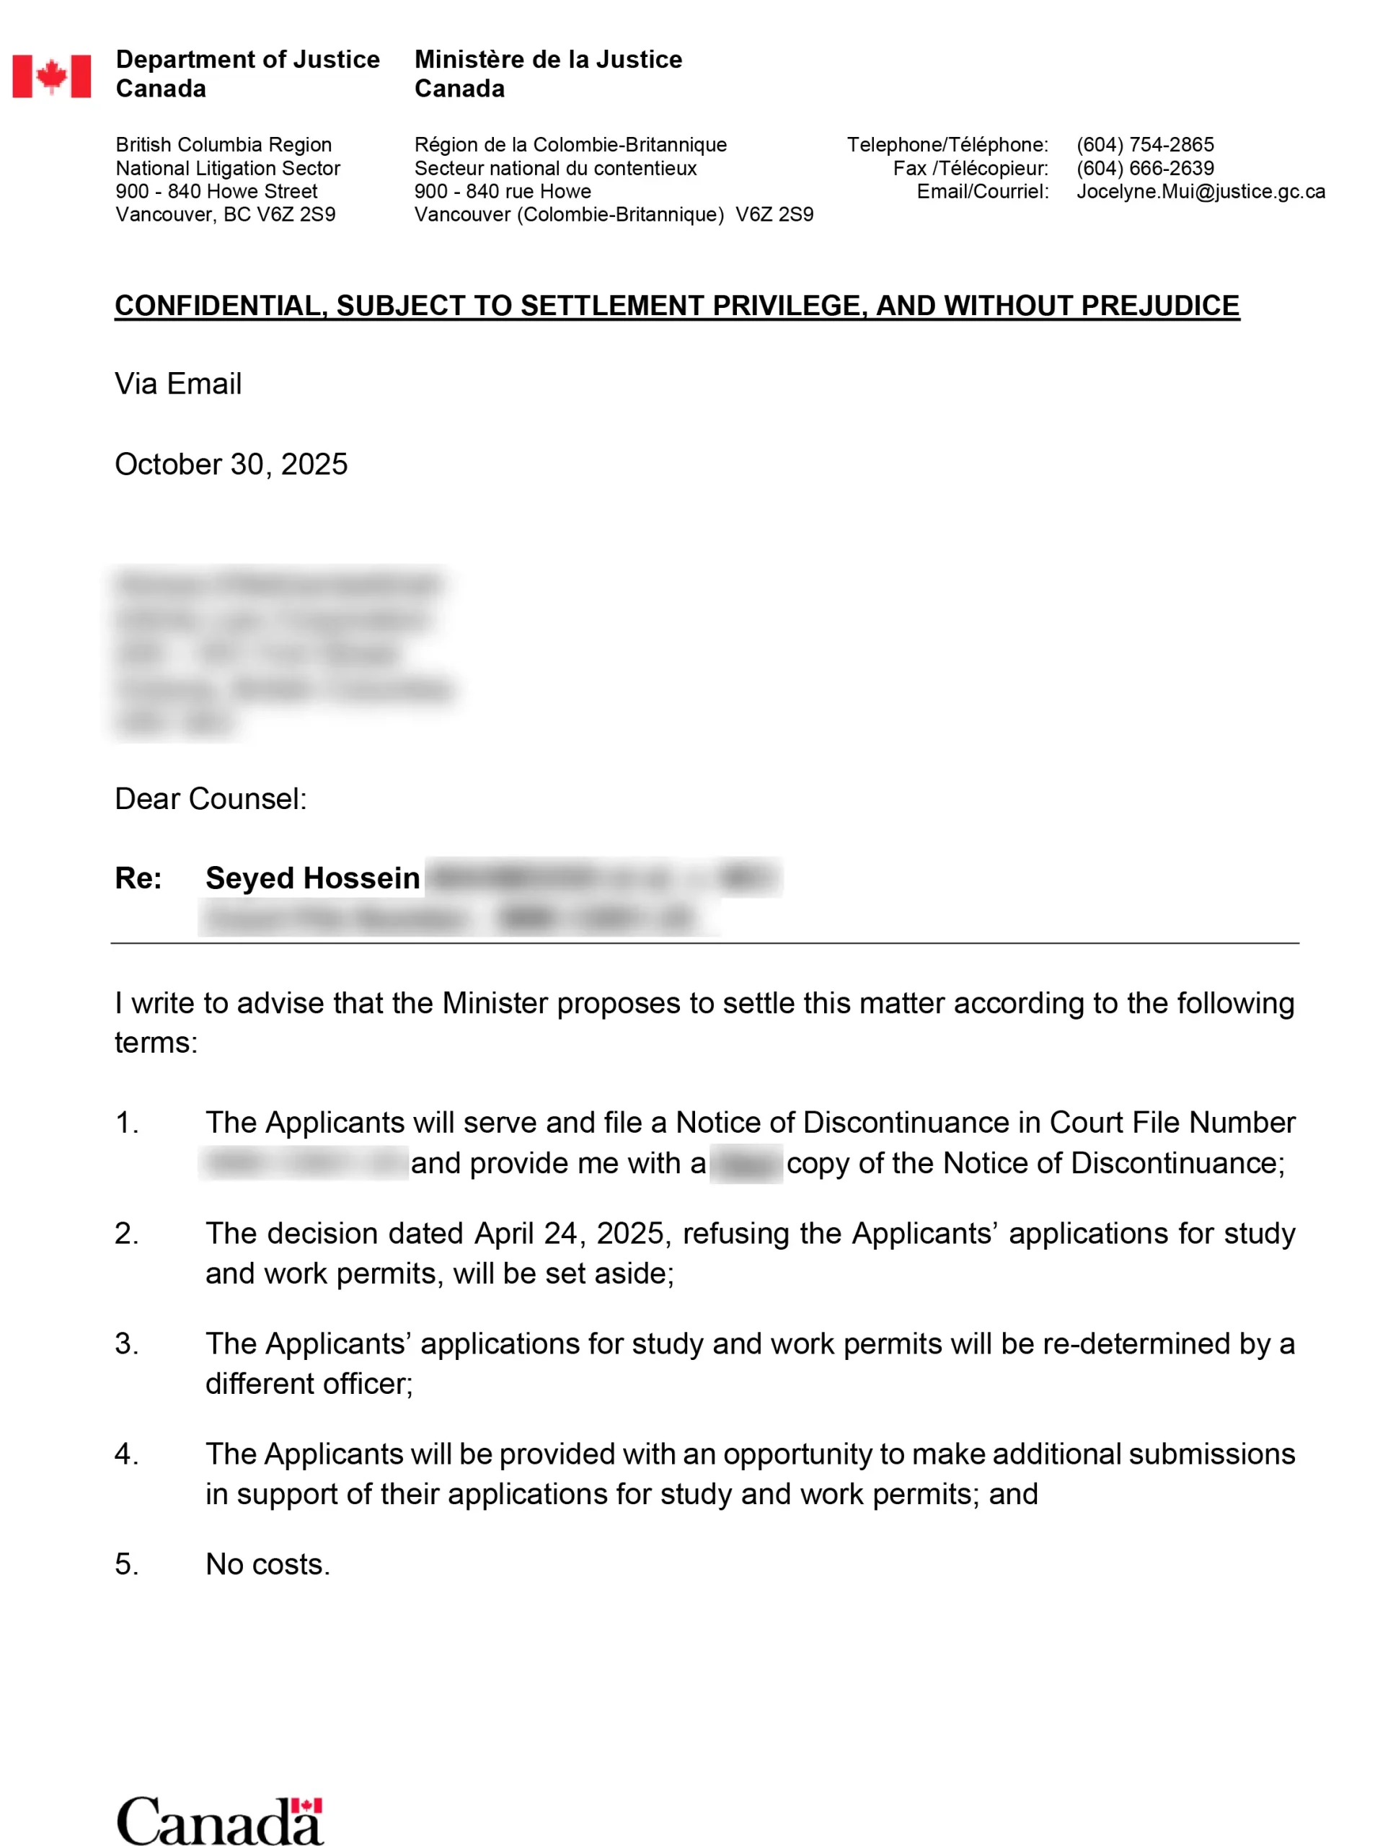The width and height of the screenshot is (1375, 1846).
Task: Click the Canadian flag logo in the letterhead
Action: [52, 76]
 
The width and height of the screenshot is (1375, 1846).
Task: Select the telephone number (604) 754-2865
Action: [1144, 145]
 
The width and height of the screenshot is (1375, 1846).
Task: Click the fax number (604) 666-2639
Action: [1144, 168]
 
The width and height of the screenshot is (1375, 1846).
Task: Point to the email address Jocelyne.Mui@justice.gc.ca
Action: [1201, 191]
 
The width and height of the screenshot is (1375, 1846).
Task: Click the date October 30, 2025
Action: [231, 464]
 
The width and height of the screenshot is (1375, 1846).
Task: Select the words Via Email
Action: [178, 384]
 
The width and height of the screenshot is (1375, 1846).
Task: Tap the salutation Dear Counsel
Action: [211, 799]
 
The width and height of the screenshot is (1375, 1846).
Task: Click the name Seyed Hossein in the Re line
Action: [312, 878]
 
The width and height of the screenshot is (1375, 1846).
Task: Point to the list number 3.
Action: [125, 1343]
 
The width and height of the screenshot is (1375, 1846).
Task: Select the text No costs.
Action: [268, 1565]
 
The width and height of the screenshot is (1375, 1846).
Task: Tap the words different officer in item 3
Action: [309, 1383]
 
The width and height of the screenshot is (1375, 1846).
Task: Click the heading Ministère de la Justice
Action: [548, 60]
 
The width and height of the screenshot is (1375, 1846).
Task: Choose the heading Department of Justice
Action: [247, 60]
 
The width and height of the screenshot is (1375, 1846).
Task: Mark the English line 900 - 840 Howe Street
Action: [216, 191]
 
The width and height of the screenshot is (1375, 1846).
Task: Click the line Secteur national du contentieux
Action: [555, 168]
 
